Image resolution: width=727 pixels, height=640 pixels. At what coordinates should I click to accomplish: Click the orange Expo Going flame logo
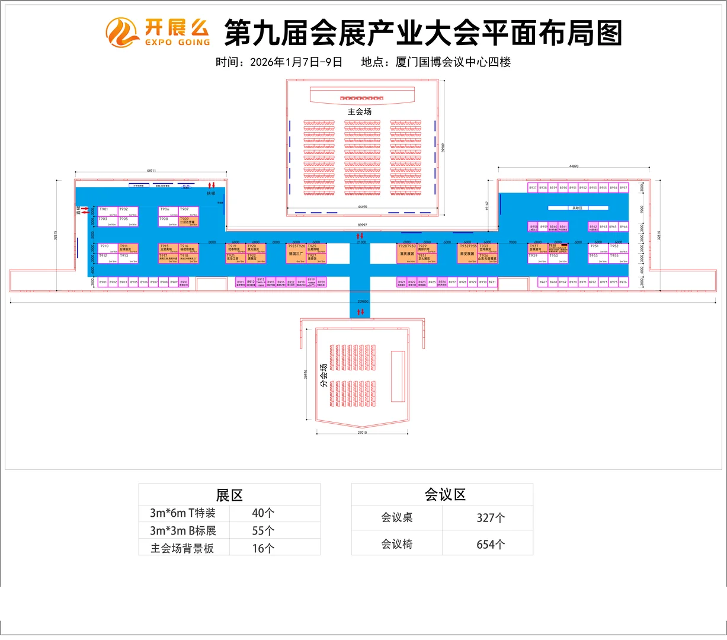[x=123, y=33]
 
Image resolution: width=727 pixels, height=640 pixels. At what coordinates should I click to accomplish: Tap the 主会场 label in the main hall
[x=359, y=111]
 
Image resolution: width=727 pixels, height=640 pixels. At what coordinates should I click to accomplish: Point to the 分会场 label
[x=324, y=375]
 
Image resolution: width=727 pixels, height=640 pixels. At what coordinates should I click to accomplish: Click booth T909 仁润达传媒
[x=188, y=221]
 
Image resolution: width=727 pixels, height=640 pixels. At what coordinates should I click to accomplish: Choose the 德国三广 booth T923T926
[x=296, y=253]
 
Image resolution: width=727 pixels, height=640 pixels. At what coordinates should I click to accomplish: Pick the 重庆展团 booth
[x=407, y=253]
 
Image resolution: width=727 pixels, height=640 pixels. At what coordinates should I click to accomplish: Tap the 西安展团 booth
[x=467, y=253]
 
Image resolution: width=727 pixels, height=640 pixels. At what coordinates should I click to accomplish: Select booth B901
[x=103, y=283]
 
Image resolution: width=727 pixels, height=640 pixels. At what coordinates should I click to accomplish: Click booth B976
[x=623, y=283]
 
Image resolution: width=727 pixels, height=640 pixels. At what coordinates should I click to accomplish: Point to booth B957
[x=623, y=188]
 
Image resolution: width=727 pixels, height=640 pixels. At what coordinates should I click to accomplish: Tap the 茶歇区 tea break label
[x=578, y=208]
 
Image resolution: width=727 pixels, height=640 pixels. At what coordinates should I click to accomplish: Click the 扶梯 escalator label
[x=211, y=193]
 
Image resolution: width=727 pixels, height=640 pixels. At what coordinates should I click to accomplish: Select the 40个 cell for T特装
[x=263, y=513]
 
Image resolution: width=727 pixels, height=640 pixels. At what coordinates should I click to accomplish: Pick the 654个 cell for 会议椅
[x=491, y=544]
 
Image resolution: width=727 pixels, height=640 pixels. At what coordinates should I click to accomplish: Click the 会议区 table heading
[x=445, y=495]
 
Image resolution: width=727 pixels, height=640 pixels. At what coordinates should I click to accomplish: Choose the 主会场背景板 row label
[x=182, y=548]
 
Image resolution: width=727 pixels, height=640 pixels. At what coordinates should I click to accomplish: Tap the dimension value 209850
[x=363, y=302]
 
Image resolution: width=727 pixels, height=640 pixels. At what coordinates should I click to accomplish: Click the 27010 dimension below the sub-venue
[x=362, y=433]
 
